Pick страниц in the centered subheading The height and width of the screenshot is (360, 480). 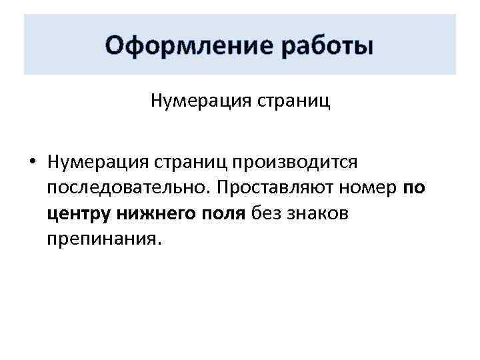click(289, 101)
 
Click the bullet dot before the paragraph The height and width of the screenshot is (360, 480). click(31, 163)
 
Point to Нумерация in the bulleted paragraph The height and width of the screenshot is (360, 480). click(97, 162)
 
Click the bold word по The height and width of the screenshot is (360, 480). click(414, 189)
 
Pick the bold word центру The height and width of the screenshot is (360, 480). click(79, 215)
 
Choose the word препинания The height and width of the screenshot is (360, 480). click(101, 240)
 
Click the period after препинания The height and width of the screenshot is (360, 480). click(159, 244)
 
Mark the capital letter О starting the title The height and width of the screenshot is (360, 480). click(115, 47)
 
